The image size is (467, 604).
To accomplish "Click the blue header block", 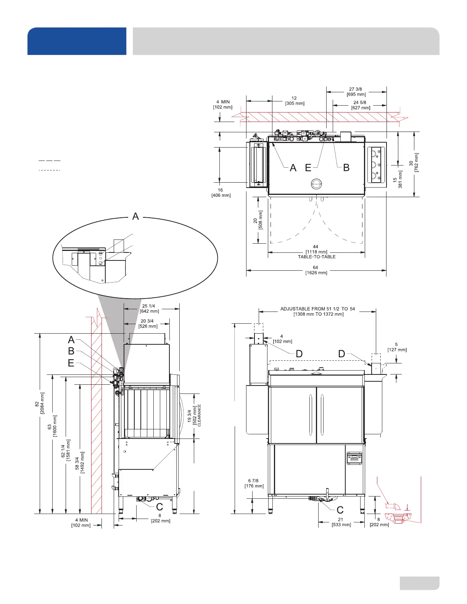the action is coord(77,41).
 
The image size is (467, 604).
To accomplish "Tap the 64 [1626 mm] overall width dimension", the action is coord(316,270).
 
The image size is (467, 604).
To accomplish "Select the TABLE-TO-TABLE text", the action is coord(317,257).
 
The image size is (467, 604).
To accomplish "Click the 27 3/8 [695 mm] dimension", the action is coord(356,92).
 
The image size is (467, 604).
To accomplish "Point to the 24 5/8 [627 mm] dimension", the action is coord(360,105).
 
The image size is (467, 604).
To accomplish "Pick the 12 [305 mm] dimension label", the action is coord(295,101).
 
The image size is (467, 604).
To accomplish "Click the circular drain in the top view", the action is coord(316,184).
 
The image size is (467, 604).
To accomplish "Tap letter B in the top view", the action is coord(346,168).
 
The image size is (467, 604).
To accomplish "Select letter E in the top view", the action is coord(308,168).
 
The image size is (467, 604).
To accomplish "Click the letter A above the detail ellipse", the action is coord(135,216).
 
